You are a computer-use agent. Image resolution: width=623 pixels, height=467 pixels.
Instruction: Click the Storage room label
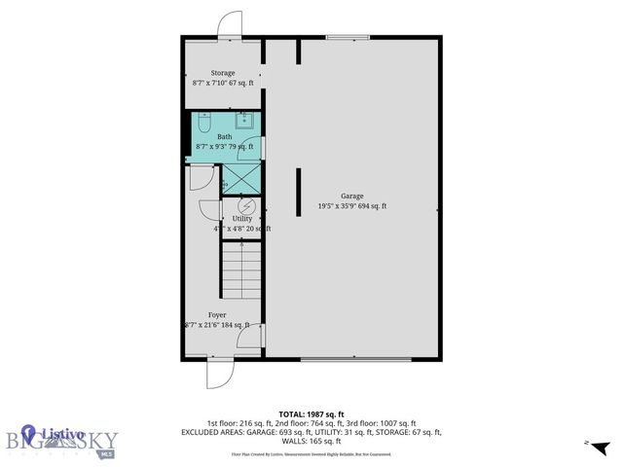pyautogui.click(x=223, y=73)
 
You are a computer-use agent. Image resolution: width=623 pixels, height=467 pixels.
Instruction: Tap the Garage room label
pyautogui.click(x=351, y=196)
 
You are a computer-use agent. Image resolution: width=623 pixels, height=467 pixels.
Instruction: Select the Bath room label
pyautogui.click(x=224, y=137)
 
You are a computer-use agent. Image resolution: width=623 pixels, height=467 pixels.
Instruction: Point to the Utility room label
pyautogui.click(x=241, y=219)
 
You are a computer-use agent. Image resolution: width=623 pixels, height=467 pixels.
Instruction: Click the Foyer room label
pyautogui.click(x=216, y=315)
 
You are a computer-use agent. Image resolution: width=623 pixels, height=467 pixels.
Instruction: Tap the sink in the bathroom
pyautogui.click(x=245, y=121)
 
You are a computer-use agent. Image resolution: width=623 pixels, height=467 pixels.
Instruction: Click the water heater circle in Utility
pyautogui.click(x=247, y=205)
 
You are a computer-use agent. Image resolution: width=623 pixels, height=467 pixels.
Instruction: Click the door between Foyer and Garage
pyautogui.click(x=255, y=338)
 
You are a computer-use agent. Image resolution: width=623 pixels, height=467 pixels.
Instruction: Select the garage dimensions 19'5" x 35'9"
pyautogui.click(x=351, y=206)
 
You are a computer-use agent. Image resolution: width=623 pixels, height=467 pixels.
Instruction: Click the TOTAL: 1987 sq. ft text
pyautogui.click(x=311, y=413)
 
